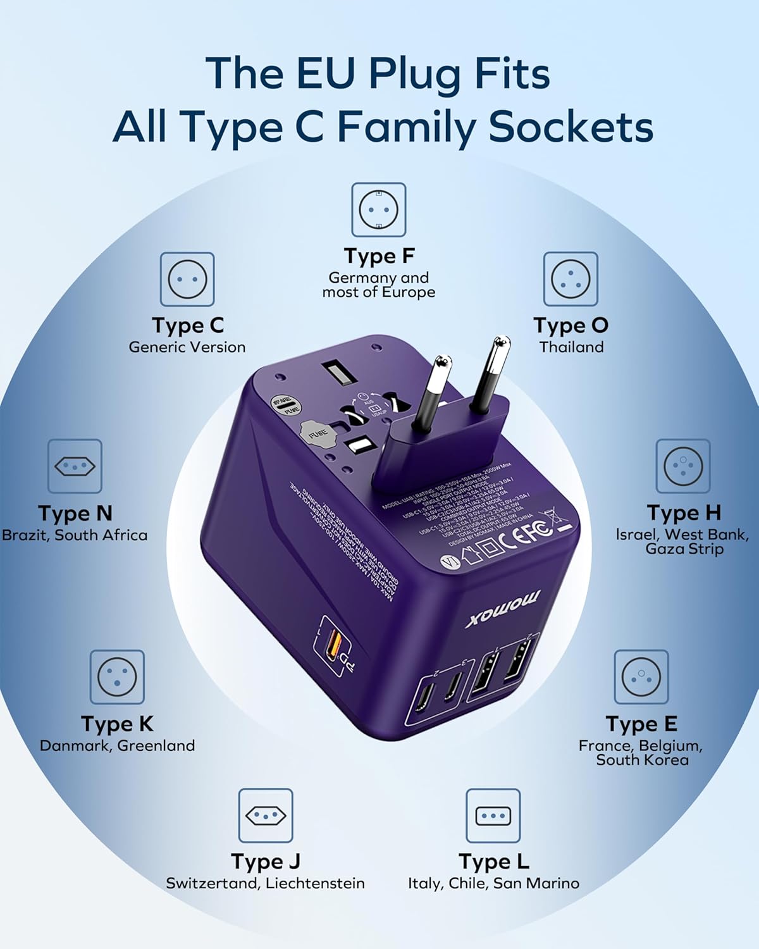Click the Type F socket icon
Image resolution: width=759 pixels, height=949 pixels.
[378, 210]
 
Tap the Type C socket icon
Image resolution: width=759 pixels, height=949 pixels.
[187, 279]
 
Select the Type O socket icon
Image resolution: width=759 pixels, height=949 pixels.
[571, 279]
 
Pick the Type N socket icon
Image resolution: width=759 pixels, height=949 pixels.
[75, 466]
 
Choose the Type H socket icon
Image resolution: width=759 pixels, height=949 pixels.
[683, 466]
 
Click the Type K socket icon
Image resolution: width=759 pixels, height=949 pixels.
[117, 677]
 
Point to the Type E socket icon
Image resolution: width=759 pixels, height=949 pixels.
[641, 677]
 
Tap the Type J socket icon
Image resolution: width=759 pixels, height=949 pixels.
[266, 816]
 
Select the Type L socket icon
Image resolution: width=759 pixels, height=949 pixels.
[493, 816]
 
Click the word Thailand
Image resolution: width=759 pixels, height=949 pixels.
[572, 347]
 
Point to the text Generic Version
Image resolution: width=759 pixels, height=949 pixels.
[187, 347]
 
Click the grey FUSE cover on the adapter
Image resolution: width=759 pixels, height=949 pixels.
[317, 433]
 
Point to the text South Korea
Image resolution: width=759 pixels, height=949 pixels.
[642, 760]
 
